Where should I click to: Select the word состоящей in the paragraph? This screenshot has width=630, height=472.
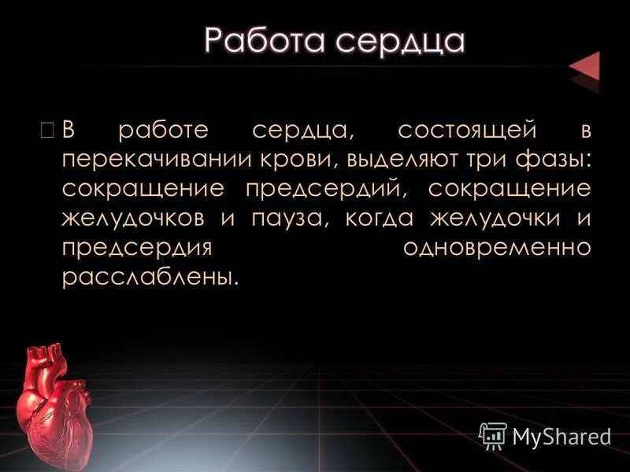click(457, 128)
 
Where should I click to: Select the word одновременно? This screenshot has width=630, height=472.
click(496, 248)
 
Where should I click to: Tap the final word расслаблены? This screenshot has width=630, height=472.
click(149, 278)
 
